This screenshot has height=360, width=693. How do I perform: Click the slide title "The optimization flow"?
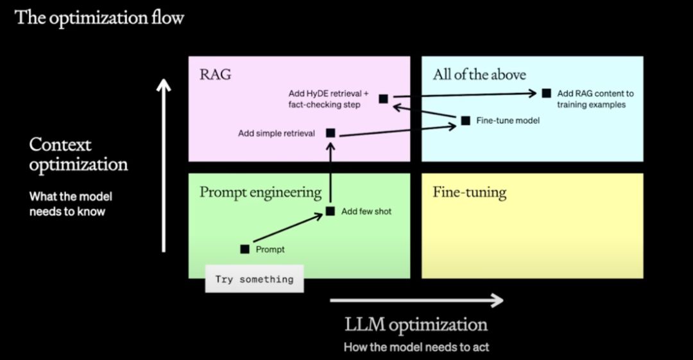pyautogui.click(x=99, y=17)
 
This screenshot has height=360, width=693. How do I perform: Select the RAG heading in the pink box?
pyautogui.click(x=215, y=74)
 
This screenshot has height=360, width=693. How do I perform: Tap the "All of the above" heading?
pyautogui.click(x=479, y=74)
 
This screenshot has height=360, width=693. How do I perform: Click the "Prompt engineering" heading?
pyautogui.click(x=261, y=192)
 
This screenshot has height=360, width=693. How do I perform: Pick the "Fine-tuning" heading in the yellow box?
pyautogui.click(x=469, y=192)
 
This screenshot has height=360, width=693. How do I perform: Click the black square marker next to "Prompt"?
pyautogui.click(x=244, y=249)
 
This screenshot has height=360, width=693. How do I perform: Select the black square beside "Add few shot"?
pyautogui.click(x=330, y=211)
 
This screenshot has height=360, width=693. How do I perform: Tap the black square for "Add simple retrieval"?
pyautogui.click(x=330, y=133)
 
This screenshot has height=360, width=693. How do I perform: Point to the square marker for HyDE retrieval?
pyautogui.click(x=384, y=98)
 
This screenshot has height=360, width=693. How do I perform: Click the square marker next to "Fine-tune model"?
pyautogui.click(x=465, y=120)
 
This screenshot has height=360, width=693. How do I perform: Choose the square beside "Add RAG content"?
pyautogui.click(x=546, y=93)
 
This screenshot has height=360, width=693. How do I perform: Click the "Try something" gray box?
pyautogui.click(x=254, y=279)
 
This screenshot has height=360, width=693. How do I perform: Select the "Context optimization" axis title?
pyautogui.click(x=78, y=155)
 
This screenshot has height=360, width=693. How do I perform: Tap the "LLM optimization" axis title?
pyautogui.click(x=416, y=324)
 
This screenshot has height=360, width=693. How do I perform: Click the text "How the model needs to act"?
pyautogui.click(x=416, y=347)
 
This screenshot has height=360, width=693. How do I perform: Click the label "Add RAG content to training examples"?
pyautogui.click(x=595, y=99)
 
